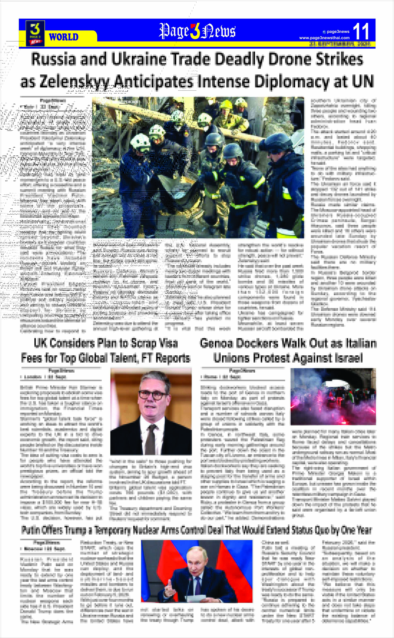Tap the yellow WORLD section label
[64, 37]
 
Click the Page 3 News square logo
[35, 33]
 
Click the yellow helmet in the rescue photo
[226, 104]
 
